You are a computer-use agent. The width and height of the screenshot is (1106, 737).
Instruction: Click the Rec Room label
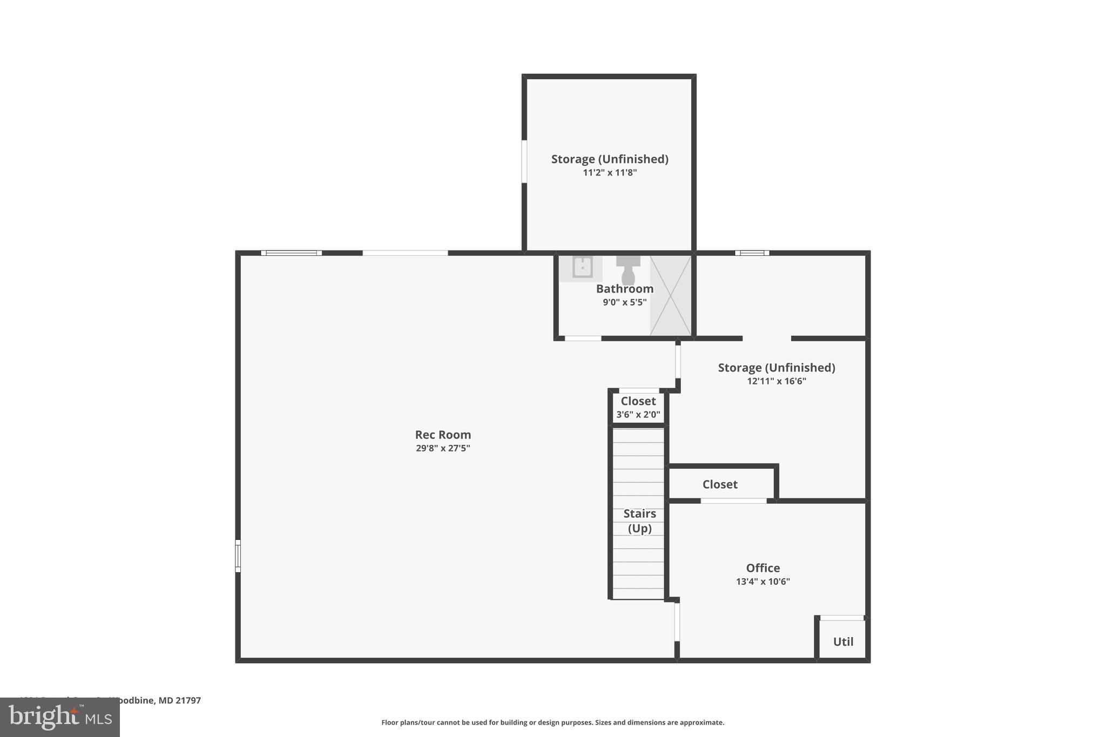coord(443,435)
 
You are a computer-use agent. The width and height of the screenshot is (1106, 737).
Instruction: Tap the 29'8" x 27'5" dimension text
coord(443,448)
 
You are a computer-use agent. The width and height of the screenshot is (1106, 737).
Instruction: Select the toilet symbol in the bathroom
coord(628,269)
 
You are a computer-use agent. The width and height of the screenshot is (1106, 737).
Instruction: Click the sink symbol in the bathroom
coord(582,267)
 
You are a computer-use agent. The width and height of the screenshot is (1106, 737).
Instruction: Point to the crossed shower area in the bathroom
coord(670,295)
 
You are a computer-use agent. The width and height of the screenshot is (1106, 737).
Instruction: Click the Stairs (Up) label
coord(639,520)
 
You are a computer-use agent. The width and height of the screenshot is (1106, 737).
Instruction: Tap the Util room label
coord(843,641)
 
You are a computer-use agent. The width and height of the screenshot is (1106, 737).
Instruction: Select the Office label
coord(763,568)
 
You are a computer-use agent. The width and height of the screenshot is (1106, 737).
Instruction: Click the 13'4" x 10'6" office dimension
coord(763,582)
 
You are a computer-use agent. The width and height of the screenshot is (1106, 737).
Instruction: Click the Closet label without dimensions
coord(720,484)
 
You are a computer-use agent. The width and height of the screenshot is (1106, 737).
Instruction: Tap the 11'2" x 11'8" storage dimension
coord(610,173)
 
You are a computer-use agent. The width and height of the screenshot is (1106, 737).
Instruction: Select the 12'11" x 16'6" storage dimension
coord(776,381)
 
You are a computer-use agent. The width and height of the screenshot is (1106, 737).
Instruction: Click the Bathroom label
coord(624,289)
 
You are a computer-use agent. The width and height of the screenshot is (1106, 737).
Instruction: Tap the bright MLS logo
coord(60,717)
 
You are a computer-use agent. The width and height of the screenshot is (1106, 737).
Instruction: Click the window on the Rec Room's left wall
coord(238,556)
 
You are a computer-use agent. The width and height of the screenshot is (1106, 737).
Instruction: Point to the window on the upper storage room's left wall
coord(524,161)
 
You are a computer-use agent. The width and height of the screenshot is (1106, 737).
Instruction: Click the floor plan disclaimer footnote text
coord(552,722)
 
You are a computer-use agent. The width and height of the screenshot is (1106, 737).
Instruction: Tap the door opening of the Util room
coord(841,618)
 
